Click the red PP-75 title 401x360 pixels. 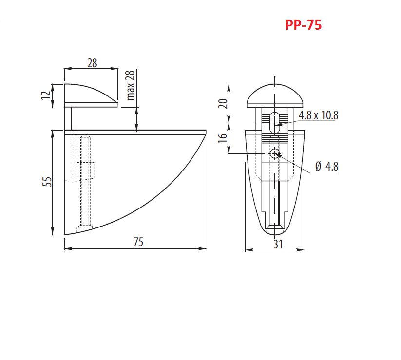303,25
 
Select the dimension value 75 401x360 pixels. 138,242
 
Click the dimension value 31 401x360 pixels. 278,245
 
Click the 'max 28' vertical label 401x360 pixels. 130,85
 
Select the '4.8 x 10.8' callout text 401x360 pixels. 318,115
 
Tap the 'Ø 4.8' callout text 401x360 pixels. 326,167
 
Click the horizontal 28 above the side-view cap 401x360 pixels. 92,63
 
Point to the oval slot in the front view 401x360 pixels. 274,121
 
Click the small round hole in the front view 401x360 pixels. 275,153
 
